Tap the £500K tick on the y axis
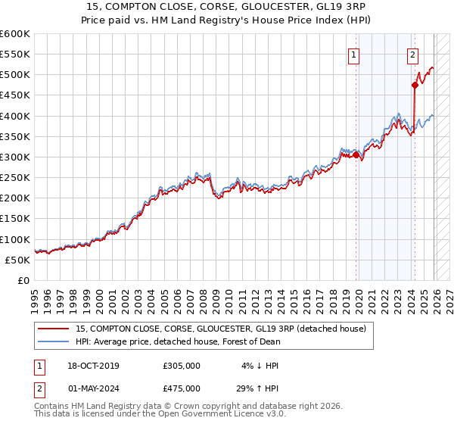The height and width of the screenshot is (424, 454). pyautogui.click(x=15, y=75)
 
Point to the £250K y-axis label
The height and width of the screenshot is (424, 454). pyautogui.click(x=15, y=178)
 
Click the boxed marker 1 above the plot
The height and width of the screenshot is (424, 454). pyautogui.click(x=354, y=55)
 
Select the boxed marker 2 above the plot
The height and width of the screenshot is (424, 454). pyautogui.click(x=412, y=55)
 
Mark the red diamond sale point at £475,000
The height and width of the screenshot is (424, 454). pyautogui.click(x=415, y=86)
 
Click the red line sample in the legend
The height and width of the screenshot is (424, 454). pyautogui.click(x=54, y=329)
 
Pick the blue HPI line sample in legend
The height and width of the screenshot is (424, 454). pyautogui.click(x=54, y=341)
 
